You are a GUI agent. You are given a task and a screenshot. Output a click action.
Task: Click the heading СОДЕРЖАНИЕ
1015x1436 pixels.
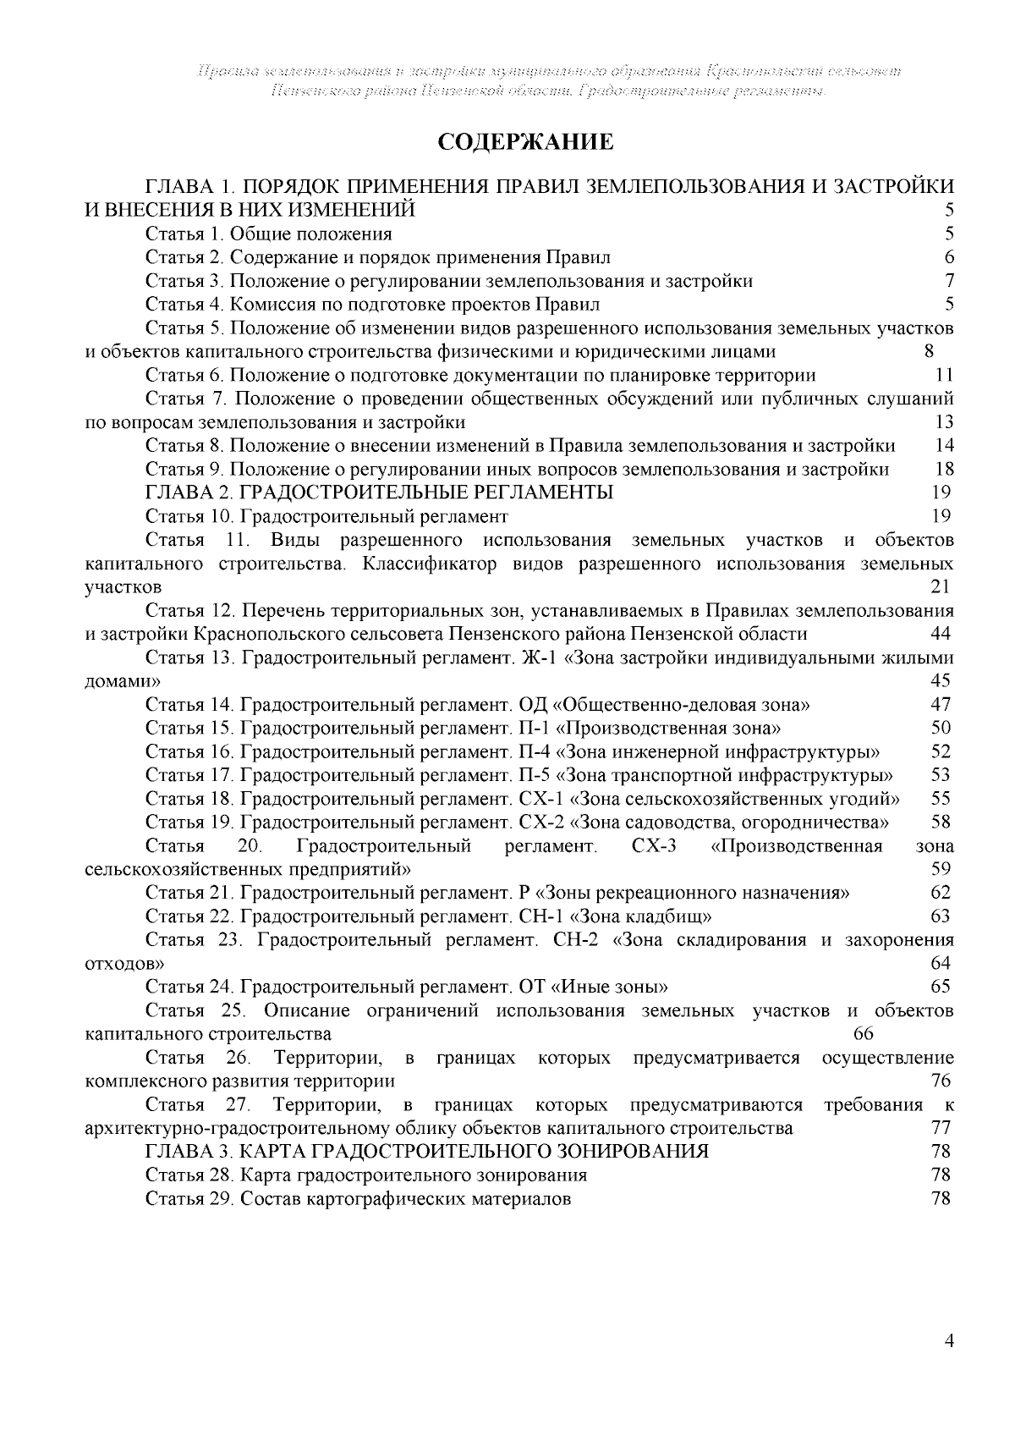524,142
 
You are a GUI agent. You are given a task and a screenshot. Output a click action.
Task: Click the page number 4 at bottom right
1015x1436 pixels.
949,1364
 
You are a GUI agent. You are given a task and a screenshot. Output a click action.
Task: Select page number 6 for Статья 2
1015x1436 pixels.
949,257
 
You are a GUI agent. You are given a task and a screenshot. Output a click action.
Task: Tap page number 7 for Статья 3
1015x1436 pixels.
949,281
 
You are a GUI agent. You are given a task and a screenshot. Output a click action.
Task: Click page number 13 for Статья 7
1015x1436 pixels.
945,422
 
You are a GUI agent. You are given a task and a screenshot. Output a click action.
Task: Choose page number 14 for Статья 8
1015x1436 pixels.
945,446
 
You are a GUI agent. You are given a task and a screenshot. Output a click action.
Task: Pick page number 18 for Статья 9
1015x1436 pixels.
945,470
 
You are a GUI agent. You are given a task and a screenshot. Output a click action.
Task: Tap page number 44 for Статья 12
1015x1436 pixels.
941,635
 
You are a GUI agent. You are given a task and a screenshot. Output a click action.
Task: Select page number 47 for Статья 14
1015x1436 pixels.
941,704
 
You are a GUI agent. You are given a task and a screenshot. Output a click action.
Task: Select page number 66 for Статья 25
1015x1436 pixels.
864,1034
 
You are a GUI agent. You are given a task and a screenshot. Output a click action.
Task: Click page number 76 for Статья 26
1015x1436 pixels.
941,1081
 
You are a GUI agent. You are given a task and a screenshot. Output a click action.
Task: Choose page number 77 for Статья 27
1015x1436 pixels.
941,1128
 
